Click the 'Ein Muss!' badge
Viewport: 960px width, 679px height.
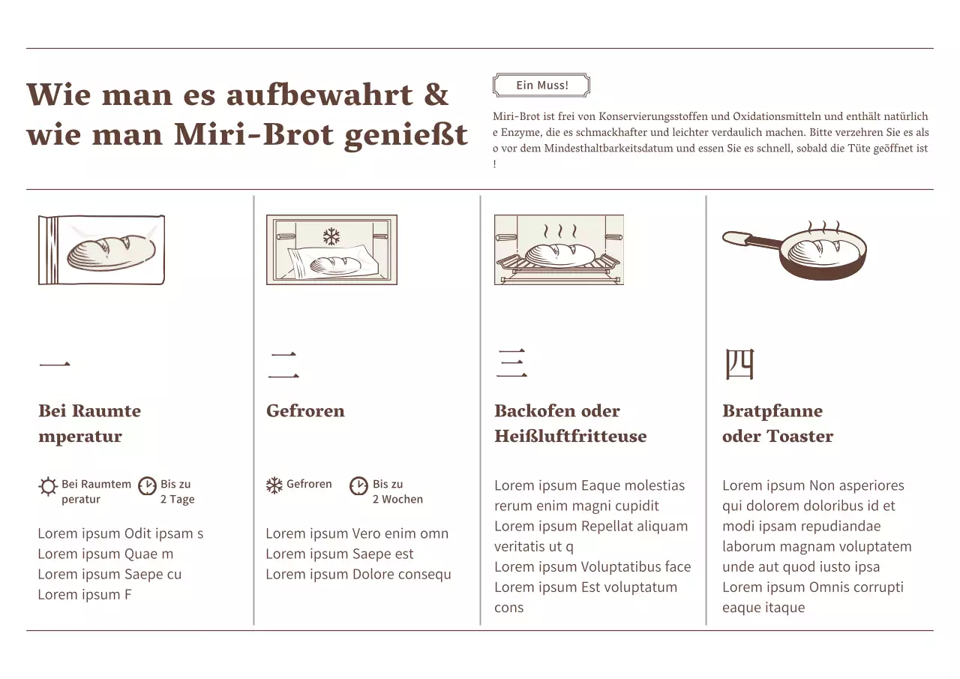click(x=541, y=86)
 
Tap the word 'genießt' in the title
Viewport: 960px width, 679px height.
click(x=406, y=136)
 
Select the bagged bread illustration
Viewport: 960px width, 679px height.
click(x=101, y=250)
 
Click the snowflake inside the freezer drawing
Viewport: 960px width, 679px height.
click(x=331, y=237)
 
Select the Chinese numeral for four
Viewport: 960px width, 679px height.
click(x=739, y=365)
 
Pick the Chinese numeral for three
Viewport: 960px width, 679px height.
click(x=511, y=364)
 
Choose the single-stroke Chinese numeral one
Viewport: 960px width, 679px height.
click(x=55, y=365)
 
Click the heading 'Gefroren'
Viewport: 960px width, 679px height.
click(x=305, y=411)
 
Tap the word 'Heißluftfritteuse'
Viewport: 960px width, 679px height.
click(x=570, y=437)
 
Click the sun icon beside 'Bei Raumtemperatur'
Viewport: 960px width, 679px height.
click(x=48, y=486)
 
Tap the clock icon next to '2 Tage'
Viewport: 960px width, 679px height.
click(x=148, y=485)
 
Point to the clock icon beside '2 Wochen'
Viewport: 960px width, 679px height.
click(x=359, y=485)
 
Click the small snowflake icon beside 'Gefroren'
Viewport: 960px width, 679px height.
click(x=274, y=485)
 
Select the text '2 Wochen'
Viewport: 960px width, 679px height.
click(x=397, y=500)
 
